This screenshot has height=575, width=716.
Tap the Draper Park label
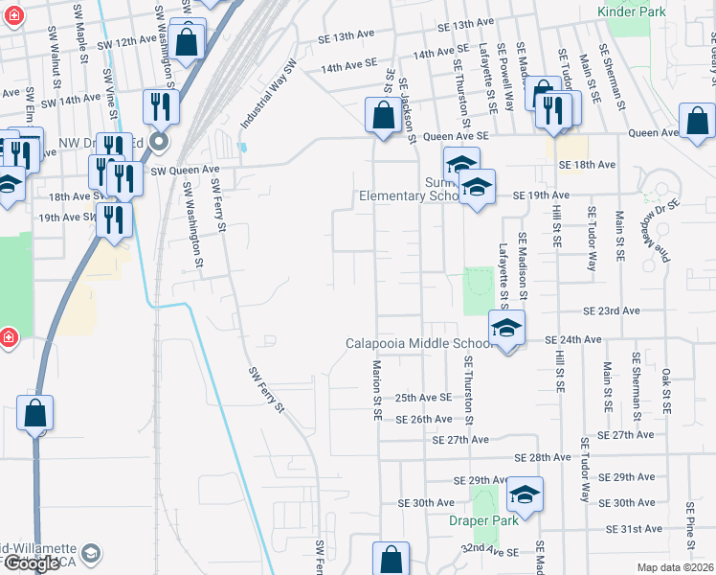483,520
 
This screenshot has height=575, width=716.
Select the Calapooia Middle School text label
418,343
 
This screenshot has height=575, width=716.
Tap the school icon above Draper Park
525,494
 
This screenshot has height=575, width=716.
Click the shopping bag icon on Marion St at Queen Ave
383,117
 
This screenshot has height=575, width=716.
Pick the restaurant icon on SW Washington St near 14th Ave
161,105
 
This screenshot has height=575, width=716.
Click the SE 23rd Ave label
612,310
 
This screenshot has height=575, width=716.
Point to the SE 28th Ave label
543,459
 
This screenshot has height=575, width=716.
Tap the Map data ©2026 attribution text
675,567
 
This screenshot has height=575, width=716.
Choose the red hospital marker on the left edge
9,338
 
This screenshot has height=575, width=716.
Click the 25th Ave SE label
423,397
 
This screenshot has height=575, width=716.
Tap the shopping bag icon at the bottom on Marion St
391,559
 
